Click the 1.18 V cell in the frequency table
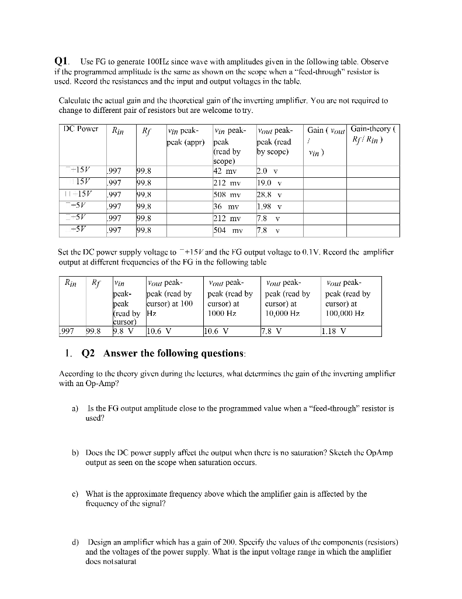tap(334, 332)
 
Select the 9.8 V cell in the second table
tap(123, 332)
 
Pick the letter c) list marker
tap(75, 494)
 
